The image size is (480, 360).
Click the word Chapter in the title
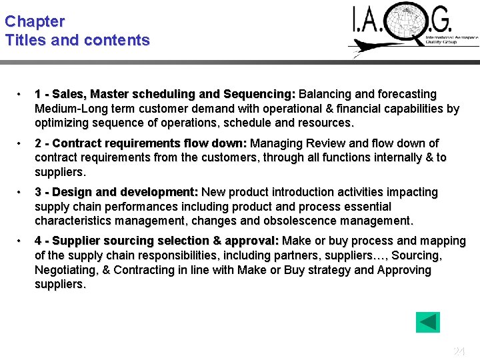tap(34, 21)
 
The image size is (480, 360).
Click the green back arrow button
tap(427, 323)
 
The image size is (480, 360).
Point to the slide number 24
tap(459, 351)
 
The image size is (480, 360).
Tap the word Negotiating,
tap(69, 270)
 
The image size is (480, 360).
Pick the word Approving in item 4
tap(404, 270)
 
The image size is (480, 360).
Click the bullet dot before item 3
tap(21, 192)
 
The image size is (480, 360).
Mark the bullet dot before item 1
tap(21, 94)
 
